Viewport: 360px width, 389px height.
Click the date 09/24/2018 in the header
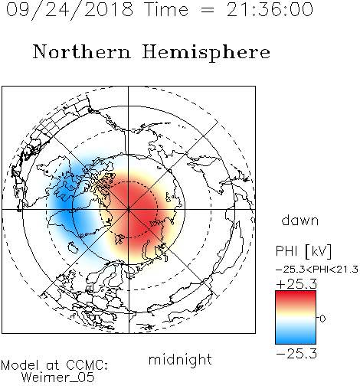click(70, 10)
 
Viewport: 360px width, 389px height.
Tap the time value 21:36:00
click(270, 9)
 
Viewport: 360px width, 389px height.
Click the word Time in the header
click(166, 9)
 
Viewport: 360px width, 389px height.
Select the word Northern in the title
click(82, 51)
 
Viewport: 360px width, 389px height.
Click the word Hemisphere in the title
click(206, 53)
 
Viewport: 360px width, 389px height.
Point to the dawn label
click(299, 220)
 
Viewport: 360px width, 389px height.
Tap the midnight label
click(180, 359)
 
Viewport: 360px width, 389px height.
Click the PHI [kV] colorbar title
click(303, 251)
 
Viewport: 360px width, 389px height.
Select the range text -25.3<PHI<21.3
click(317, 270)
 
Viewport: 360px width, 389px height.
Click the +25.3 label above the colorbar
click(296, 284)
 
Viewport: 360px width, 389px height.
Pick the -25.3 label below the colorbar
click(296, 354)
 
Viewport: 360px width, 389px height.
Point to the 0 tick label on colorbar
click(322, 319)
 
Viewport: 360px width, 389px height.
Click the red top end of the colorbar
click(296, 293)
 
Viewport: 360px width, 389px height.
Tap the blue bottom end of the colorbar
click(296, 342)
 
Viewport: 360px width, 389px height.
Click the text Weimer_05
click(58, 378)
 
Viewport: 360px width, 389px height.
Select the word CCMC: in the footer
click(87, 365)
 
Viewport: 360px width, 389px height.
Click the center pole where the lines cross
click(129, 209)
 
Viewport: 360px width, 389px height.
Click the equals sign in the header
click(207, 11)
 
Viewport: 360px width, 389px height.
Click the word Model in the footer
click(20, 365)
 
